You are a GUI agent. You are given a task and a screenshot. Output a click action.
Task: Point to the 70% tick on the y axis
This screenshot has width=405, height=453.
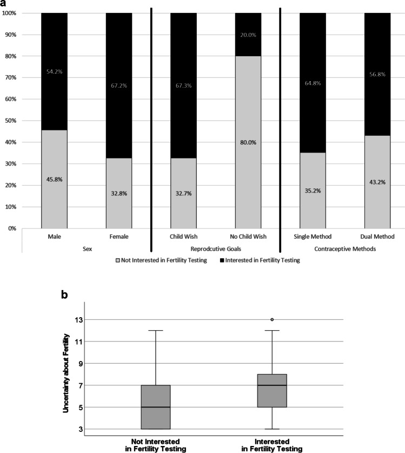10,77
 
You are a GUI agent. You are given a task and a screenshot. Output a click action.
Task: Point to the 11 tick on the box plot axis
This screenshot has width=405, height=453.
78,342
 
